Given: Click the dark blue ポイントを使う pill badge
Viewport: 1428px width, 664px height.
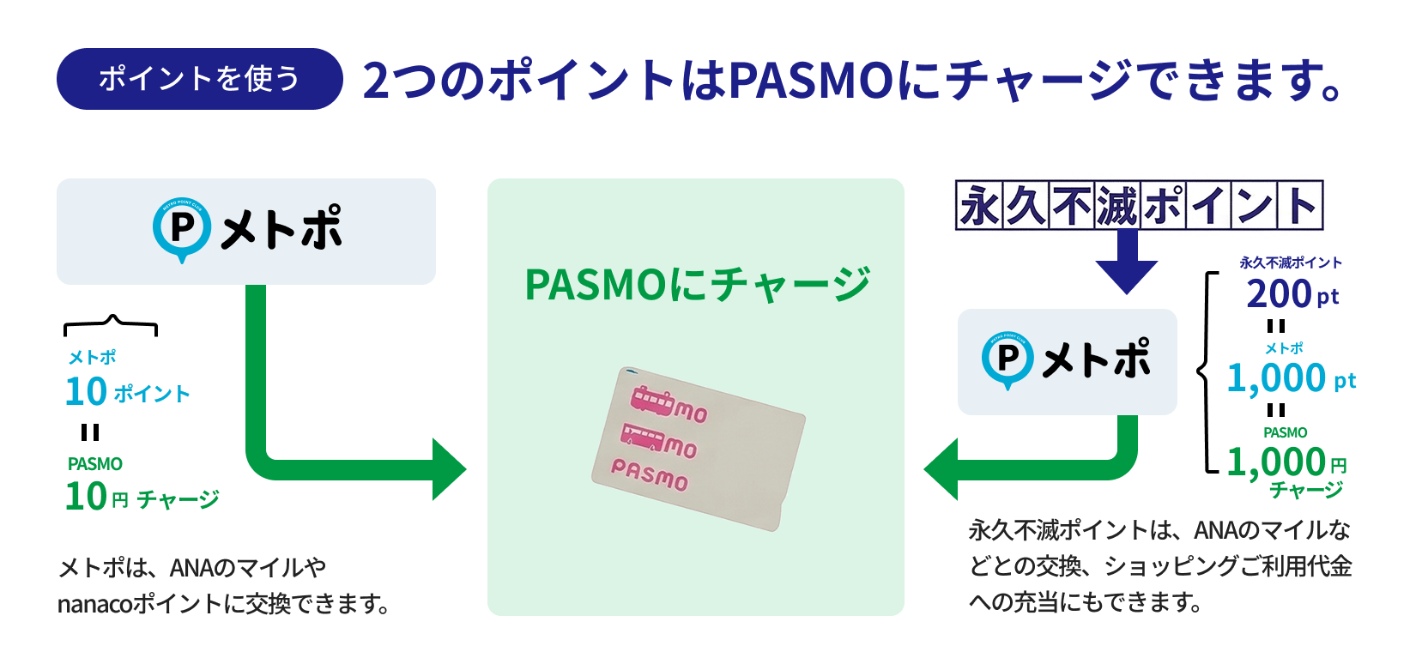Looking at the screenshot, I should (199, 79).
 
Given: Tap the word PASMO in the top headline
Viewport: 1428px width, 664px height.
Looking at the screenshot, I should (811, 81).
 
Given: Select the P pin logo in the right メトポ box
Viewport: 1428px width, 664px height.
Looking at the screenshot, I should (1008, 359).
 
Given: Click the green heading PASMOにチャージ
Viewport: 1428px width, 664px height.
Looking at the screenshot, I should (697, 285).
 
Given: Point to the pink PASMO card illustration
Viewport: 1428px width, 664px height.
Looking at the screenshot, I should (698, 448).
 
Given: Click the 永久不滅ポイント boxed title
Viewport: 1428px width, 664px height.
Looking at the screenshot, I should (1139, 206).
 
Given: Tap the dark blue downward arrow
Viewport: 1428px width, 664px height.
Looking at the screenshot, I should (1127, 263).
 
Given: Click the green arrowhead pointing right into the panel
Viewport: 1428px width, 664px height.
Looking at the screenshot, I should (448, 469).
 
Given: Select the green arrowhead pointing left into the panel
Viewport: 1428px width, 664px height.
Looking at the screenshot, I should (942, 469).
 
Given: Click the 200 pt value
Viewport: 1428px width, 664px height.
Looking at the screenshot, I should (1292, 294).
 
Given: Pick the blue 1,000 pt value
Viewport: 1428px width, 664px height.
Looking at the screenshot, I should (1290, 377).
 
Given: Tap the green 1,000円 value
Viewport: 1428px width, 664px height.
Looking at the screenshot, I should (1286, 462).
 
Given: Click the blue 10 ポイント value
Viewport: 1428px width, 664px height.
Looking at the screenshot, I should (127, 392).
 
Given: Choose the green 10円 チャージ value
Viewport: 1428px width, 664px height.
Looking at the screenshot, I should (142, 497).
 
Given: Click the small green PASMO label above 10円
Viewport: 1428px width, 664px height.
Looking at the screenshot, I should (95, 464).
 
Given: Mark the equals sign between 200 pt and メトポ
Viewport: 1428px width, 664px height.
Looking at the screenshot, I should (1276, 326).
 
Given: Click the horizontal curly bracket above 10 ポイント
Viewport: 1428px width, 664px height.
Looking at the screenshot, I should (111, 325).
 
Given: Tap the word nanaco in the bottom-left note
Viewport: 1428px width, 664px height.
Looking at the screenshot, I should (94, 605).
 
